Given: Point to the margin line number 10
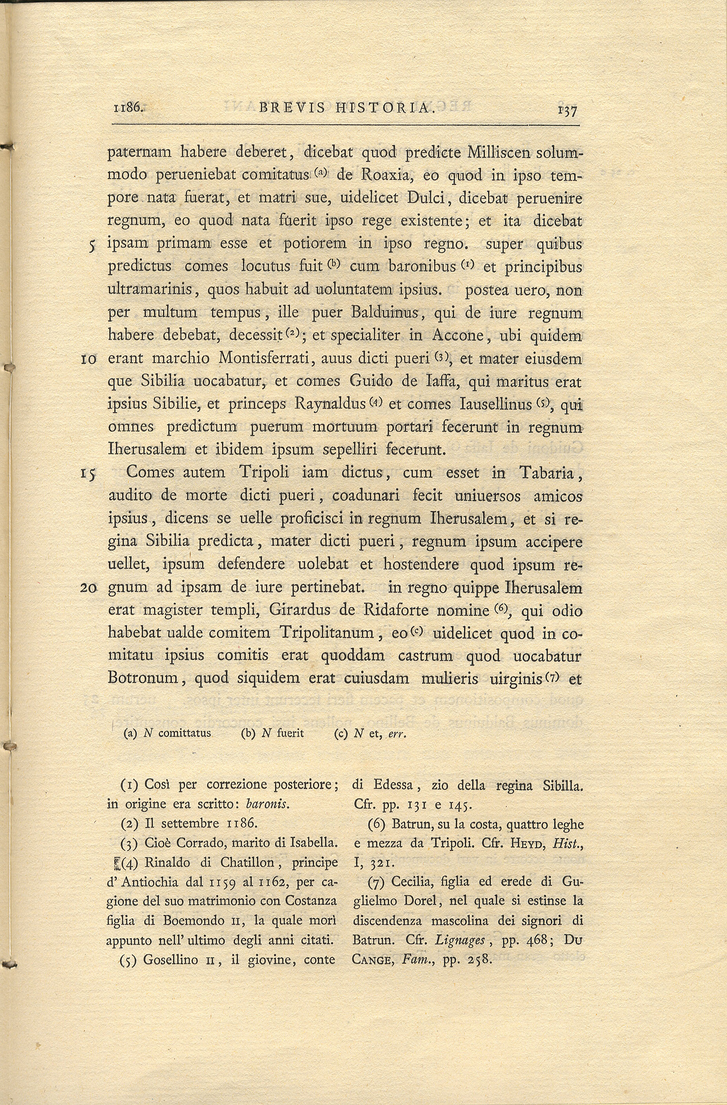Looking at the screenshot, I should coord(88,359).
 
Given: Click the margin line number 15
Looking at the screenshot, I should coord(88,474).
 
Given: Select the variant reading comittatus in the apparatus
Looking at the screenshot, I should coord(184,733).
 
